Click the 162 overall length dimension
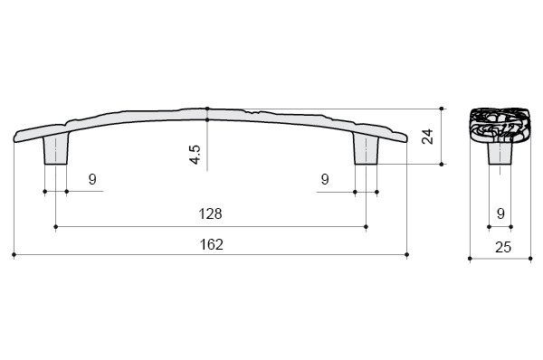(211, 245)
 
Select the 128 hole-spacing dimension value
(210, 214)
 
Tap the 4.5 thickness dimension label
(195, 155)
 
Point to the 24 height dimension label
(428, 137)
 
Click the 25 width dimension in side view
(503, 248)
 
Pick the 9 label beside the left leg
(92, 179)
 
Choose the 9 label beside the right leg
(325, 179)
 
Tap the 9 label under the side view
(500, 214)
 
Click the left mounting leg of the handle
(56, 149)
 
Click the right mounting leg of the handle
(367, 149)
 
